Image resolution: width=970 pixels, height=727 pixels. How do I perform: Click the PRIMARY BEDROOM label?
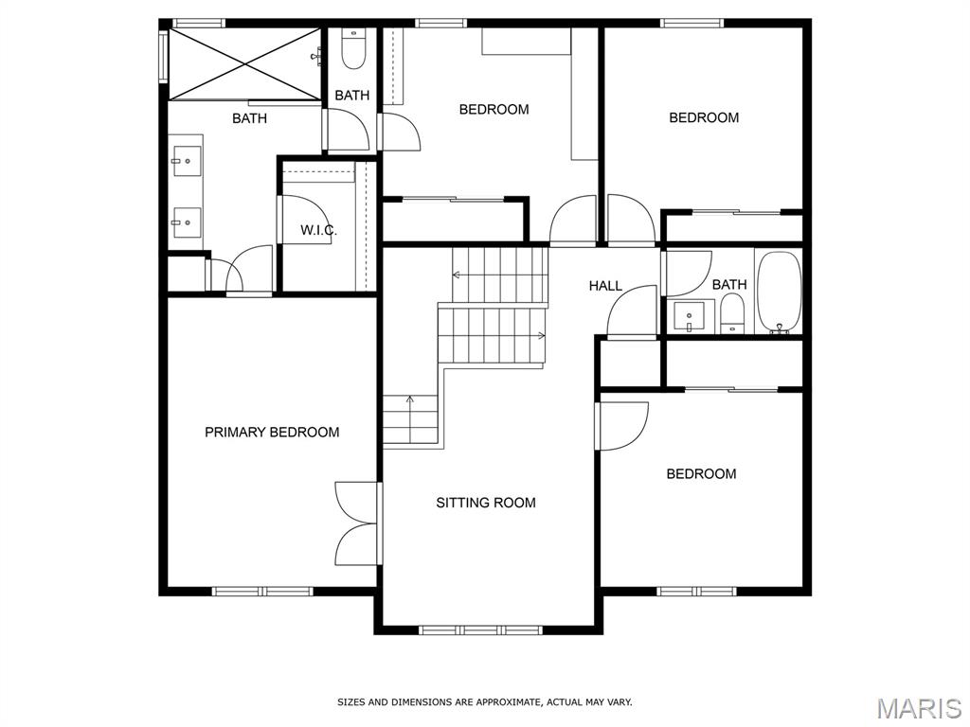pyautogui.click(x=272, y=433)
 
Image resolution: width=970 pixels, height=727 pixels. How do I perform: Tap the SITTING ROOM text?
pyautogui.click(x=486, y=503)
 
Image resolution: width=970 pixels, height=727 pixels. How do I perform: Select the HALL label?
pyautogui.click(x=605, y=286)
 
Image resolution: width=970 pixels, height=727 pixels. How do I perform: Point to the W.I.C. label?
pyautogui.click(x=318, y=231)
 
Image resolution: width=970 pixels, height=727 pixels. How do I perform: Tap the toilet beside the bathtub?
pyautogui.click(x=732, y=312)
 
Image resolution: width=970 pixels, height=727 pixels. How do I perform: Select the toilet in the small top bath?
pyautogui.click(x=353, y=49)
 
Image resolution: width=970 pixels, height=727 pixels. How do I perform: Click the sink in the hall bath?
pyautogui.click(x=692, y=314)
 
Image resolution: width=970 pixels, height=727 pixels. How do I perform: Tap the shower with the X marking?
pyautogui.click(x=244, y=63)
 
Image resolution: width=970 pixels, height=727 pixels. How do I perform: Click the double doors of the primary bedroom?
pyautogui.click(x=359, y=523)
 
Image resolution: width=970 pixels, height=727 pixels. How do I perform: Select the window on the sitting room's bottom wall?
pyautogui.click(x=480, y=629)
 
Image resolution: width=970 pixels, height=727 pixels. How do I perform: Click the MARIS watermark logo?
pyautogui.click(x=918, y=708)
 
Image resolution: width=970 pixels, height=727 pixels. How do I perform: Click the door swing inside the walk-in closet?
pyautogui.click(x=305, y=220)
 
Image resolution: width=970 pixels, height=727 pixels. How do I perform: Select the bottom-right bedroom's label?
pyautogui.click(x=701, y=474)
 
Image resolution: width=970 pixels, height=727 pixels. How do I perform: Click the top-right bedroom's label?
pyautogui.click(x=704, y=118)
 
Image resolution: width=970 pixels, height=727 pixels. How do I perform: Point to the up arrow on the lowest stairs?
pyautogui.click(x=410, y=402)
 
